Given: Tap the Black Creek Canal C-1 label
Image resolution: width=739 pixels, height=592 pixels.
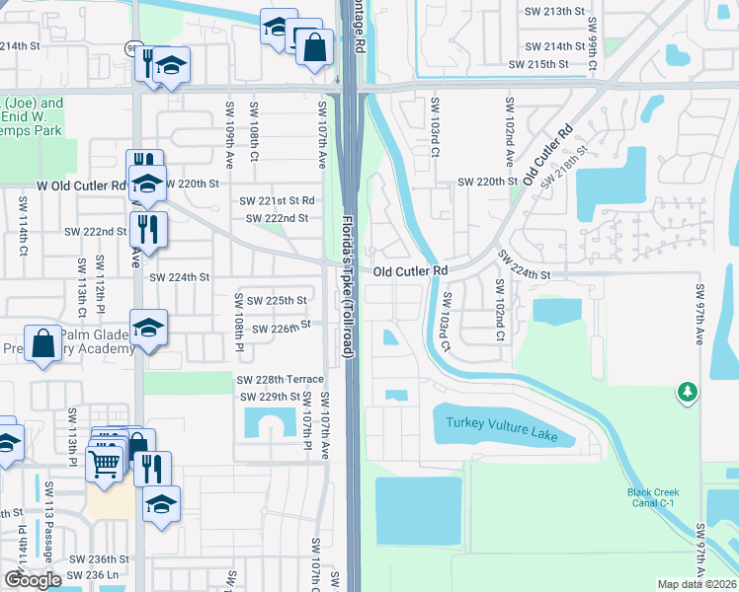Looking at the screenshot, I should (x=650, y=498).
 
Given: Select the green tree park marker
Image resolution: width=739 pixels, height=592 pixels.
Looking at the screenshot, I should (x=687, y=394).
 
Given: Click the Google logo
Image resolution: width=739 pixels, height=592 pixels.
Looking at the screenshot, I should (x=33, y=579).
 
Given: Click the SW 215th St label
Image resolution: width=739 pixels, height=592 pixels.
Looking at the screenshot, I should (x=538, y=64).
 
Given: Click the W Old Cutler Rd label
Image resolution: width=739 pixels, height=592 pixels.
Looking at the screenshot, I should (x=82, y=185).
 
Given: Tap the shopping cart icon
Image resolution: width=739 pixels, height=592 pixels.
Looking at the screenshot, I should (x=104, y=462).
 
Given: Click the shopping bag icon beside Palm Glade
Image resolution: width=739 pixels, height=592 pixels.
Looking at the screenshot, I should (x=43, y=345).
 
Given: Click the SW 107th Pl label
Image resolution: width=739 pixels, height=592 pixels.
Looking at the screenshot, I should (x=307, y=424).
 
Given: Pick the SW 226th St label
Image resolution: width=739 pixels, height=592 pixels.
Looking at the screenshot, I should (x=282, y=327).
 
